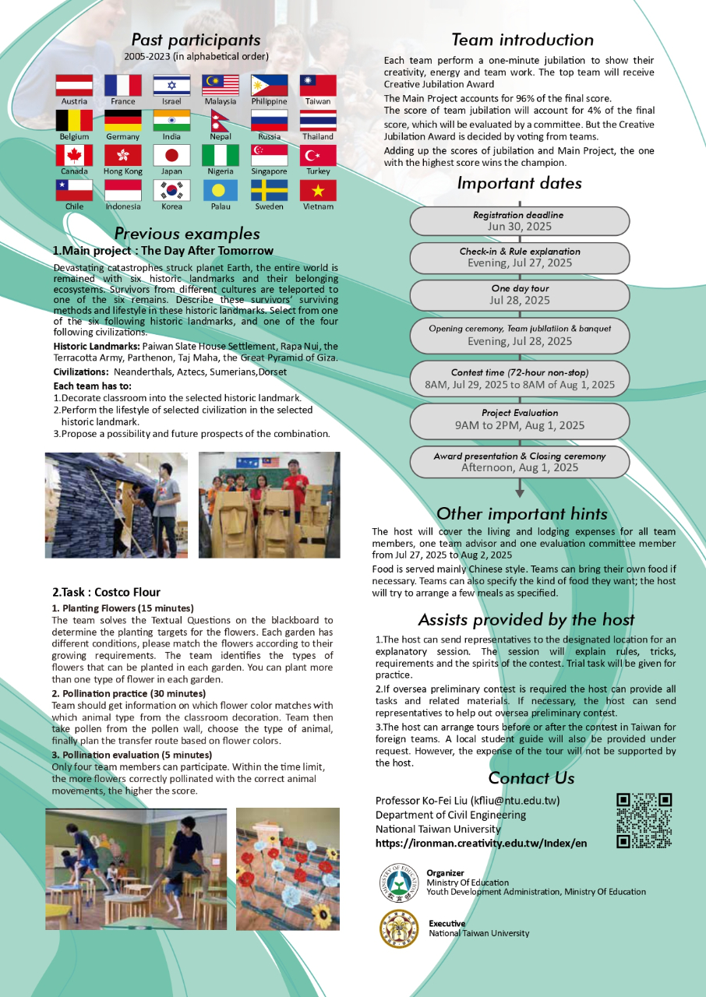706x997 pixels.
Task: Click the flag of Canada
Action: click(x=74, y=155)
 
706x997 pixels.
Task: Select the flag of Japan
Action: click(x=171, y=155)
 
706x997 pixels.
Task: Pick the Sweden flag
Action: click(x=269, y=190)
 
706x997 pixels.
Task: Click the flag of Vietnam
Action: click(x=318, y=190)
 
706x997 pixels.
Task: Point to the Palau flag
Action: click(x=221, y=190)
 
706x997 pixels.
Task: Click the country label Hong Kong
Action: click(x=123, y=171)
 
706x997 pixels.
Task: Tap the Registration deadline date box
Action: click(x=519, y=220)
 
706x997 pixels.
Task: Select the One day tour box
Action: click(x=519, y=294)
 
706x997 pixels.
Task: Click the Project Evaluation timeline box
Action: click(x=519, y=419)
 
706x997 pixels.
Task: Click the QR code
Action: click(x=644, y=820)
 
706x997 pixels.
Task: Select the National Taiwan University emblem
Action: click(x=398, y=928)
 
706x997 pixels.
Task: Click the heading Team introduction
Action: click(x=522, y=40)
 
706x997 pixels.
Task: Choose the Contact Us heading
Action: click(x=531, y=777)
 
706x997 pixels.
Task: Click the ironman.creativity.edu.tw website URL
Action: click(x=481, y=844)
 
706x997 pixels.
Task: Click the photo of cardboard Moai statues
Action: click(x=269, y=505)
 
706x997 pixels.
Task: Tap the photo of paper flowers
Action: click(x=288, y=868)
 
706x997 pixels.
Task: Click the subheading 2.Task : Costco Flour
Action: click(x=106, y=592)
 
